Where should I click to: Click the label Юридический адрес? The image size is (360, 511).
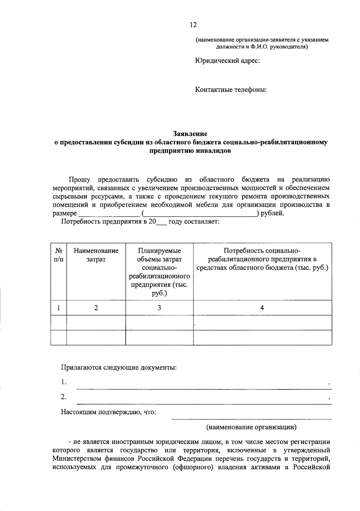point(227,61)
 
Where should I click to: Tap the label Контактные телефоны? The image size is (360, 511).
point(231,89)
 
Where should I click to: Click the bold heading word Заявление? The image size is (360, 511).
point(190,133)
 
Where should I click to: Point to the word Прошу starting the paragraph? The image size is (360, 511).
point(79,180)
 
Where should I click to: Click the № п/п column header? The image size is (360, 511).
point(58,255)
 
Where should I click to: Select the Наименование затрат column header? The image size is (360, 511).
point(96,255)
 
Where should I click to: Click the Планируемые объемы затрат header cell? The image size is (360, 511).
point(159,272)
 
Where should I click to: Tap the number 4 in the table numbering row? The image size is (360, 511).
point(262,308)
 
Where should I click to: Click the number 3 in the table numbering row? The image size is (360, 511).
point(159,308)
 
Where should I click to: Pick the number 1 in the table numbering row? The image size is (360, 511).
point(58,308)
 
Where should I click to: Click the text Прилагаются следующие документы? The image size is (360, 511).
point(119,367)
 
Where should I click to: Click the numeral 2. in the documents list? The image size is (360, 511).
point(64,397)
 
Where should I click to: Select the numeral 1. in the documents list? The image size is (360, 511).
point(64,382)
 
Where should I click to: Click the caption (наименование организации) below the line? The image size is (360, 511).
point(251,427)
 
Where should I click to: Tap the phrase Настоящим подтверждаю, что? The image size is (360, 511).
point(109,412)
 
